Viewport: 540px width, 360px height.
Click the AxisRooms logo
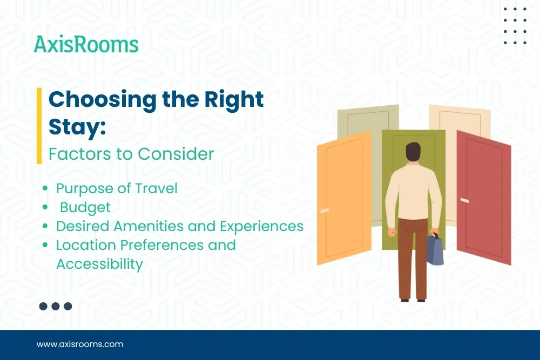point(86,44)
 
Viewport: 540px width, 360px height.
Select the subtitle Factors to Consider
point(131,154)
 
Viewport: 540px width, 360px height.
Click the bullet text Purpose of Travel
point(117,188)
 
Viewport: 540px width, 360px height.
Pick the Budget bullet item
point(85,207)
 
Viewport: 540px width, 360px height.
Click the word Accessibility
point(99,264)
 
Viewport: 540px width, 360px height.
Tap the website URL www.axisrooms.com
point(80,344)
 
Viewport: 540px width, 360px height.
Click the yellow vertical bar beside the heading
point(39,126)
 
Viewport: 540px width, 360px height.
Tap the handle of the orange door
point(325,209)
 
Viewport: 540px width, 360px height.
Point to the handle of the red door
point(464,200)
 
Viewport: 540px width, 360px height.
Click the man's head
point(413,153)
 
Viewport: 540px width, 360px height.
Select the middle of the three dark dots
point(56,306)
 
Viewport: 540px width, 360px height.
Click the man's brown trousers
point(413,254)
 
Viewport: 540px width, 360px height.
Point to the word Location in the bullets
point(86,244)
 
